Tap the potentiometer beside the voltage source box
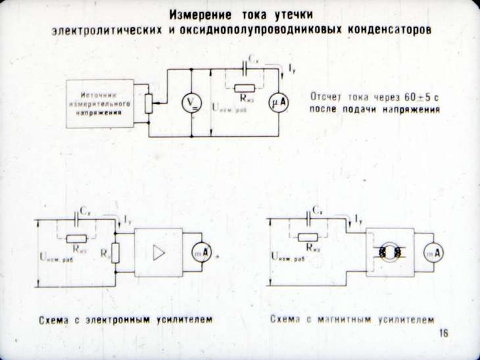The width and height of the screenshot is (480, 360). coord(149,103)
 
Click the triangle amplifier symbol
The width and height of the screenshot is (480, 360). coord(159,253)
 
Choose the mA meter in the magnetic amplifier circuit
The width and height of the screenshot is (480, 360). coord(432,253)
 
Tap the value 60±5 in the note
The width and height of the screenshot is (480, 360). coord(414,97)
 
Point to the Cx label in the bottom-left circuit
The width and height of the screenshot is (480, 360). coord(85,211)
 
